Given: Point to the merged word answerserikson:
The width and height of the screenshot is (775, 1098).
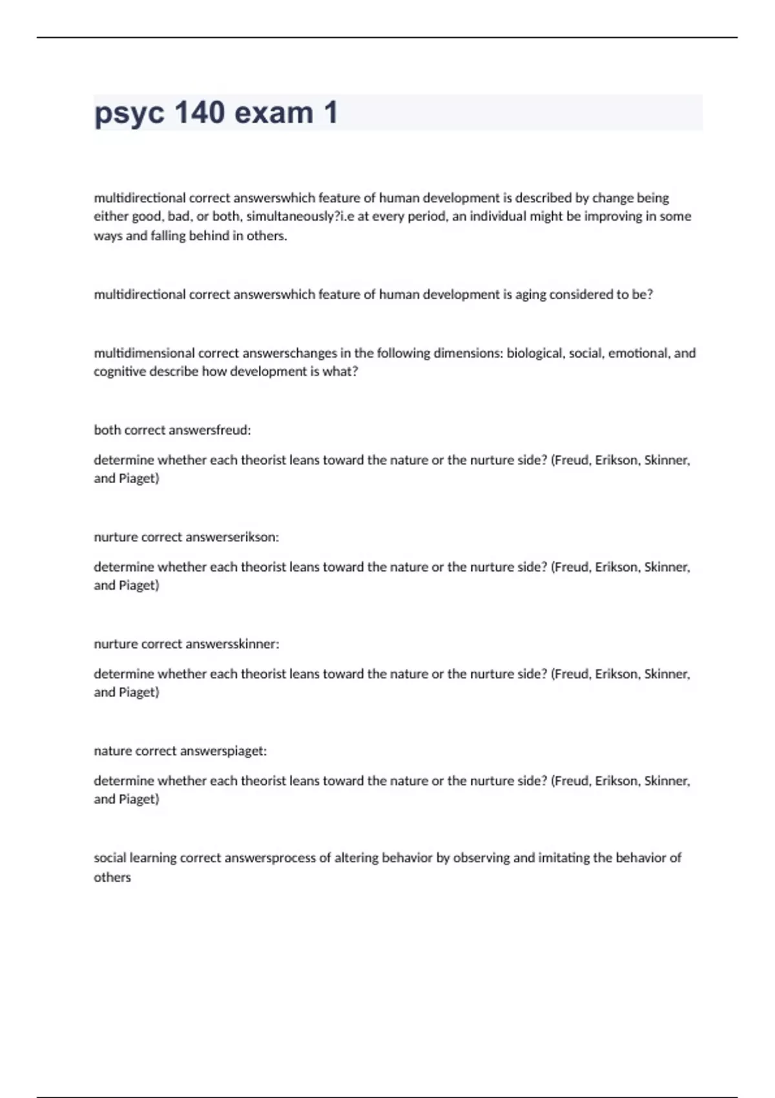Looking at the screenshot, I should click(x=232, y=537).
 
